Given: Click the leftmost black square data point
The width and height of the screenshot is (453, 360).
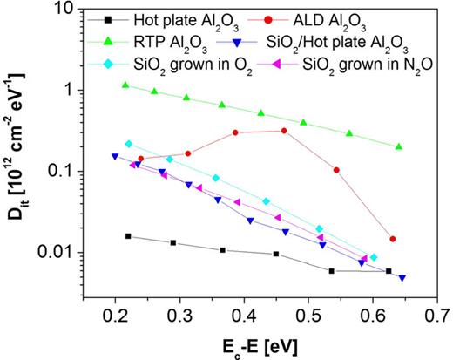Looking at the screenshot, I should click(x=128, y=236).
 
